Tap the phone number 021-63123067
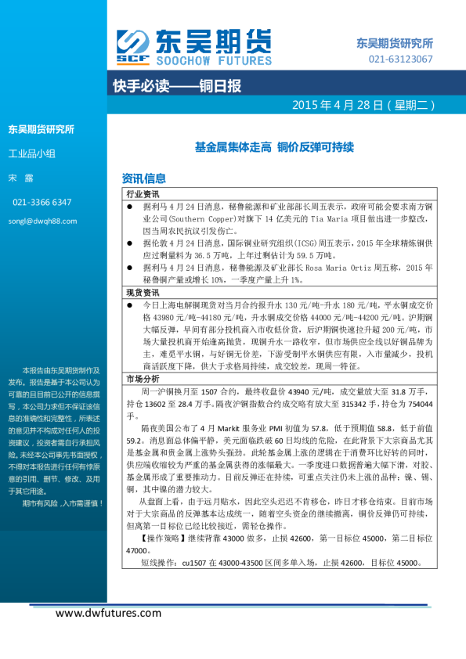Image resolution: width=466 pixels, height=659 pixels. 400,59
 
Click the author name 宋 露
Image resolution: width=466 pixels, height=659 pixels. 20,178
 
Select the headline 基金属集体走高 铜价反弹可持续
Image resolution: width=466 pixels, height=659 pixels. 274,146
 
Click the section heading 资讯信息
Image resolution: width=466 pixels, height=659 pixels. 144,178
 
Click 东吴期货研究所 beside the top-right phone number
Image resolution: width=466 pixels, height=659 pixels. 395,44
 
